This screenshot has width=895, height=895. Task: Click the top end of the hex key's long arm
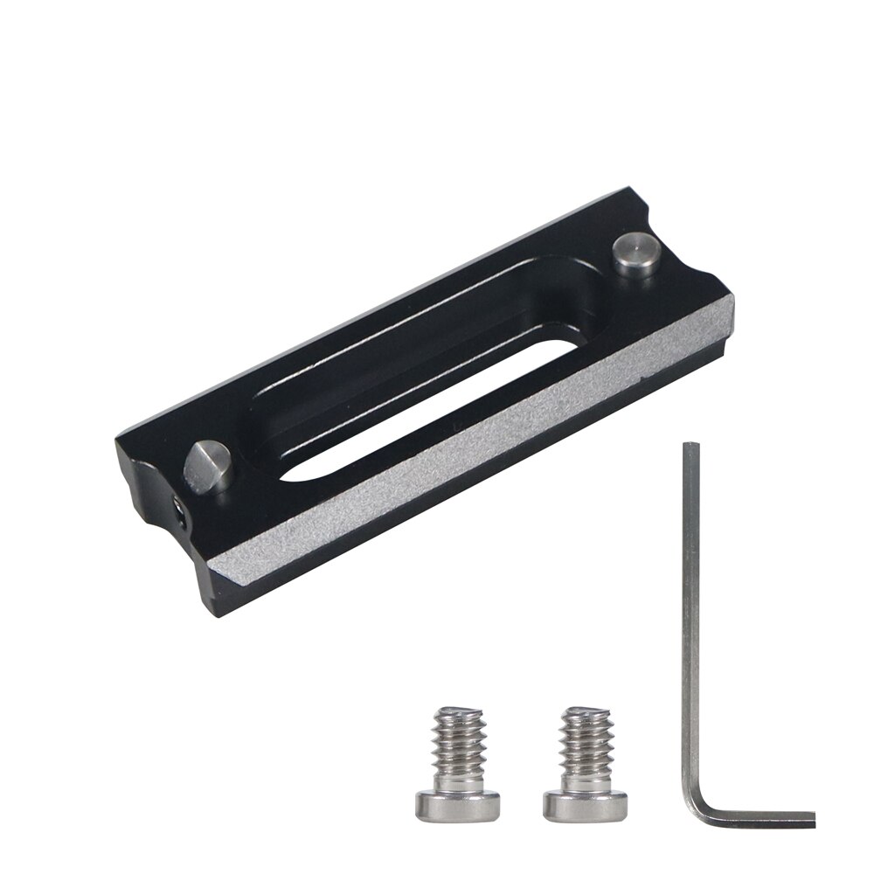pos(690,447)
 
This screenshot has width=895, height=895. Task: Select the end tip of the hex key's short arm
pos(812,822)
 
